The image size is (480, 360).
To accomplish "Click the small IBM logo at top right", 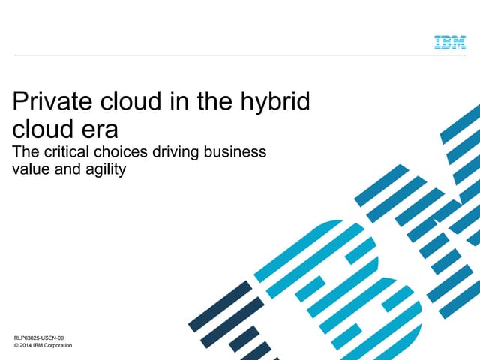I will [449, 43].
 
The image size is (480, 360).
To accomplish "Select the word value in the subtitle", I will [33, 170].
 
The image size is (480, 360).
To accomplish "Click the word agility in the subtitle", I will [105, 170].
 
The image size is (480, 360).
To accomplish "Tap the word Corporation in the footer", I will [67, 347].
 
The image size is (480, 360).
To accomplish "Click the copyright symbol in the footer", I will [17, 347].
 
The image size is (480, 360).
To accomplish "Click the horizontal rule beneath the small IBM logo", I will [240, 55].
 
